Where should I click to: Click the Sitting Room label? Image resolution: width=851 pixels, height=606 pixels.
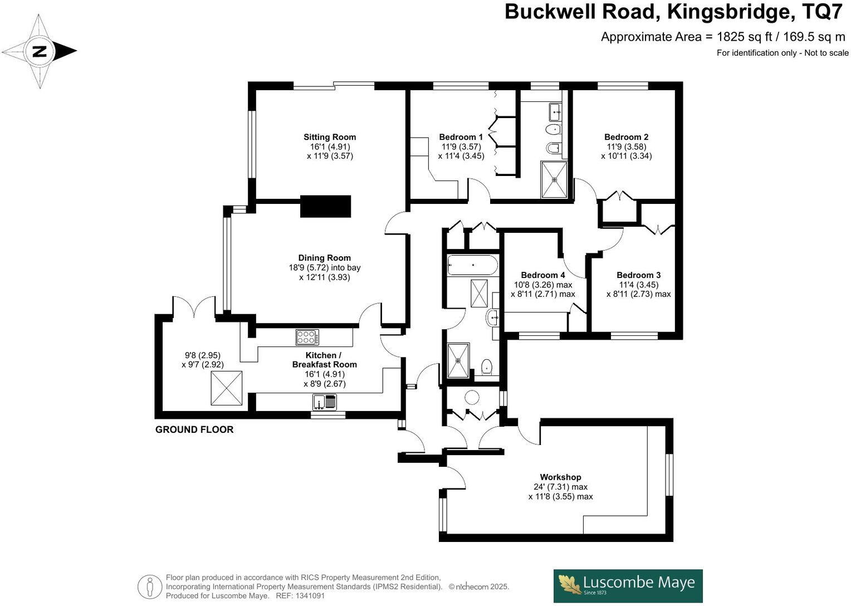329,137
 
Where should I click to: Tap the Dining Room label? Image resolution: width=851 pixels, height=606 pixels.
324,258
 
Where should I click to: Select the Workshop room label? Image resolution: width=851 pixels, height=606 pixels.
560,477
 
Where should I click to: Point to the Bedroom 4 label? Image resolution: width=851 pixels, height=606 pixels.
542,275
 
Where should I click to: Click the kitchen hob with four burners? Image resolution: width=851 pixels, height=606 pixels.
307,337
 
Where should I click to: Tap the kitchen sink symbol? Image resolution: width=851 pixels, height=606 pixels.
325,402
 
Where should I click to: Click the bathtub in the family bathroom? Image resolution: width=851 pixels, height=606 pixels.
472,266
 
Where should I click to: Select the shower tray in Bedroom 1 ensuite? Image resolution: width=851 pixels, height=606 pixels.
554,179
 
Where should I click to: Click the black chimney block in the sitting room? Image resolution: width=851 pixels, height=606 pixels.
326,206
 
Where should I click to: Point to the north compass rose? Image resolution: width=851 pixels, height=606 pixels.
39,52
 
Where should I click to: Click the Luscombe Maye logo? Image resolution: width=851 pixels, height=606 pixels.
628,585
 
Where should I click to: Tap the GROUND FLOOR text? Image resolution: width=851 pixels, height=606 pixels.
194,429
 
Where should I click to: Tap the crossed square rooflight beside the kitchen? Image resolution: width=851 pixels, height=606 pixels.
227,388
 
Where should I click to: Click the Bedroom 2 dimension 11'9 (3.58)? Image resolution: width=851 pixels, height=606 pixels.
626,146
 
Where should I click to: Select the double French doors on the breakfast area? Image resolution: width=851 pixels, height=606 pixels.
194,308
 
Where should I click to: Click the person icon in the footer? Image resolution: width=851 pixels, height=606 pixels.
149,587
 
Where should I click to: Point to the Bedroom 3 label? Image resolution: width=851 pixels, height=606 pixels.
638,275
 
